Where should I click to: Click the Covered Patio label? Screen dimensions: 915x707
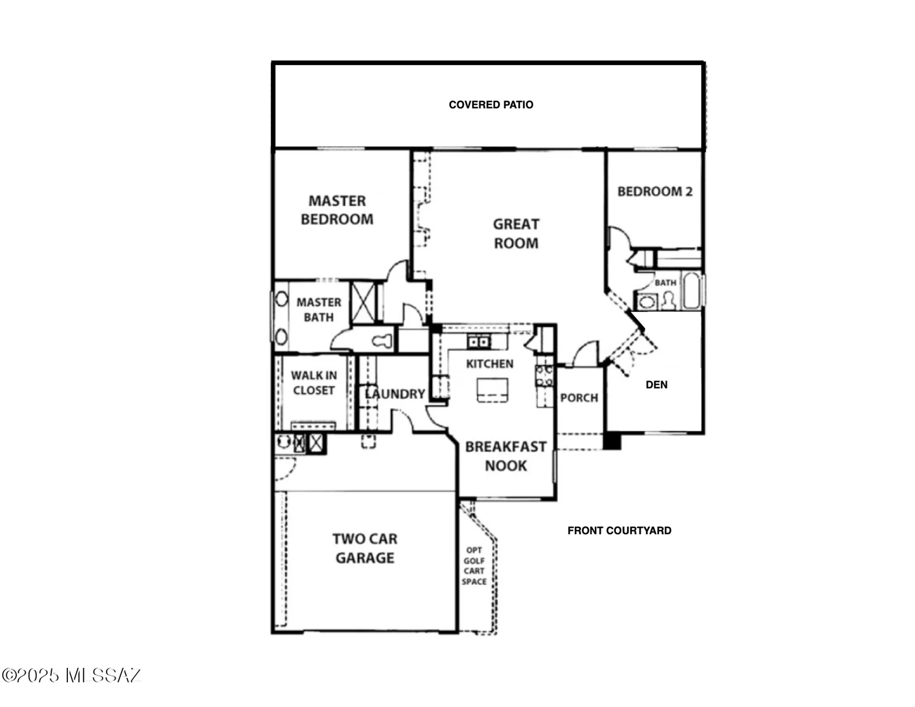tap(491, 105)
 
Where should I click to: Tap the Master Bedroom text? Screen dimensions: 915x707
tap(337, 210)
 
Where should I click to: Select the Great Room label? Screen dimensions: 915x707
tap(516, 233)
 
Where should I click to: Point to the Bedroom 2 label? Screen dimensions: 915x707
tap(655, 191)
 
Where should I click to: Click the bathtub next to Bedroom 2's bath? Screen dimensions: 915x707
tap(692, 290)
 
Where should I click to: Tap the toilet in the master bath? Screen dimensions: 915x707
tap(382, 340)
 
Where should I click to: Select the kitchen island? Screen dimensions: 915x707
tap(492, 390)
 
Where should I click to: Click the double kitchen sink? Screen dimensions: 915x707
tap(478, 341)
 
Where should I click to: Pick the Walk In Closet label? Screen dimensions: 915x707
tap(314, 383)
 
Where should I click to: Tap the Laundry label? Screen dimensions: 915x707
tap(395, 394)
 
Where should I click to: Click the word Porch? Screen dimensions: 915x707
tap(579, 398)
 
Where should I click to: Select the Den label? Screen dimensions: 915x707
tap(656, 385)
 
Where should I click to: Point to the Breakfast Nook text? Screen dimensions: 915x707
tap(506, 456)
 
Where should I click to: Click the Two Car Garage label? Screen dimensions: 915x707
tap(365, 548)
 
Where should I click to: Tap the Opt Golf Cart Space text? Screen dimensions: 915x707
tap(474, 566)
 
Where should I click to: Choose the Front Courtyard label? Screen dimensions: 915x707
tap(619, 531)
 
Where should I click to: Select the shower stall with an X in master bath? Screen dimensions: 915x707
tap(363, 303)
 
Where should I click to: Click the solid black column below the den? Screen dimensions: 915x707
tap(612, 441)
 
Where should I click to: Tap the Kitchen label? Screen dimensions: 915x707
tap(490, 364)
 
